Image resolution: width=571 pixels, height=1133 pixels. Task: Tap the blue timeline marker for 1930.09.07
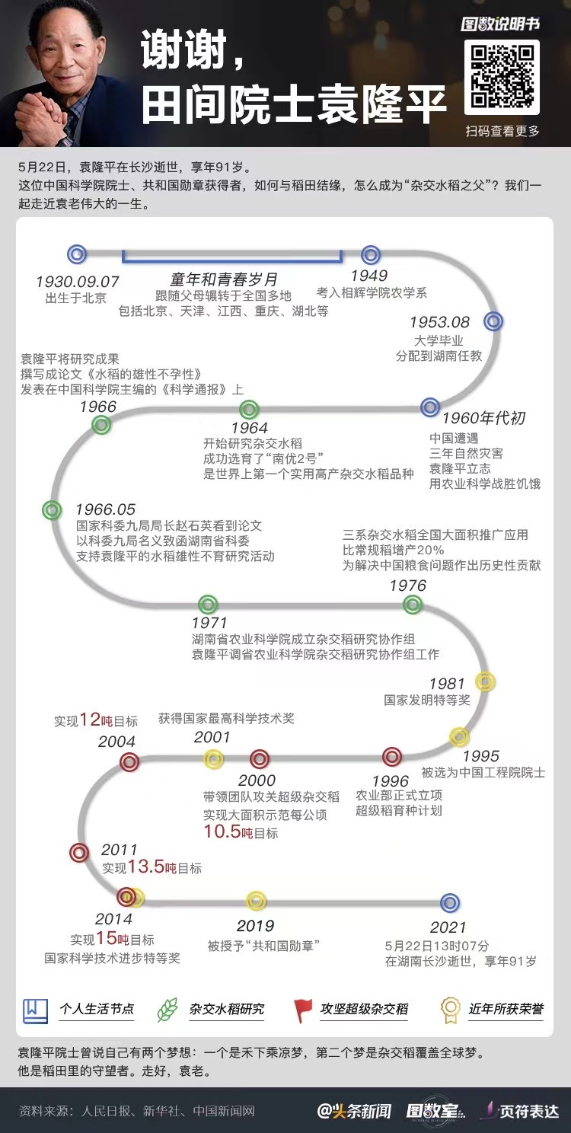(x=77, y=254)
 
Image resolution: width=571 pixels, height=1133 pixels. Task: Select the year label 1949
(x=368, y=276)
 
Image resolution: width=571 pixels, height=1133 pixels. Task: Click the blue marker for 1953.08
(x=493, y=321)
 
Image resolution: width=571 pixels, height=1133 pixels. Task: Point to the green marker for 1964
(x=250, y=409)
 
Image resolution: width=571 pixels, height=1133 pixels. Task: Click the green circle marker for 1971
(x=208, y=605)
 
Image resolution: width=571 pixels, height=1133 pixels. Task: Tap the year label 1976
(x=408, y=586)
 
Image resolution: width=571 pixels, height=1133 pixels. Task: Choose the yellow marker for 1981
(x=484, y=681)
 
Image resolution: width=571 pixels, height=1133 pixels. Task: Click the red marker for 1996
(x=392, y=756)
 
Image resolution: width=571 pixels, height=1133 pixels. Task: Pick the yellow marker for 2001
(x=214, y=758)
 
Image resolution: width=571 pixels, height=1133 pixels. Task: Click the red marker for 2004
(x=129, y=761)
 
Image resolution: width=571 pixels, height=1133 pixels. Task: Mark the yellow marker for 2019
(x=256, y=901)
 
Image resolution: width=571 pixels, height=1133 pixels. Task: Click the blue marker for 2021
(x=450, y=903)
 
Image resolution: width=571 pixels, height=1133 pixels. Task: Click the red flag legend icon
(x=303, y=1010)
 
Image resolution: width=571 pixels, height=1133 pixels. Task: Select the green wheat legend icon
(x=167, y=1010)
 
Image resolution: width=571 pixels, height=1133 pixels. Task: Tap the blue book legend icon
(x=35, y=1010)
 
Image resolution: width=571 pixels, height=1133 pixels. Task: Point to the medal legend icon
(x=450, y=1010)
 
